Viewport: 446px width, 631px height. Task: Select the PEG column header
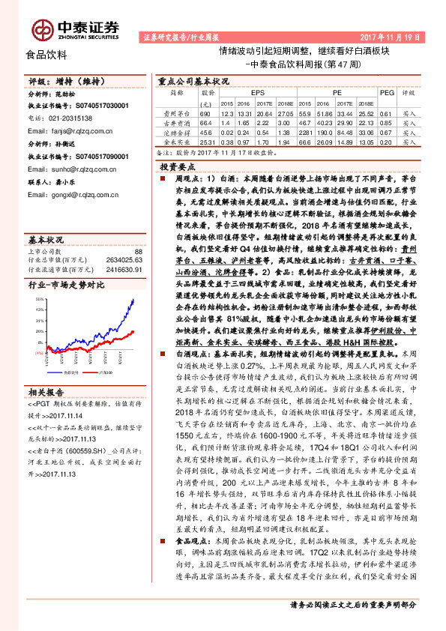pos(386,93)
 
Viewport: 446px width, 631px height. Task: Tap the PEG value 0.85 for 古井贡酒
pos(386,121)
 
